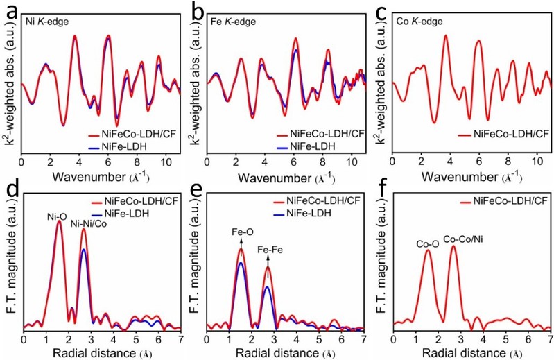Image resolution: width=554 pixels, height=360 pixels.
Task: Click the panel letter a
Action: coord(10,10)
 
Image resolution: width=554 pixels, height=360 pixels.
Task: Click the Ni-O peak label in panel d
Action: coord(57,216)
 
